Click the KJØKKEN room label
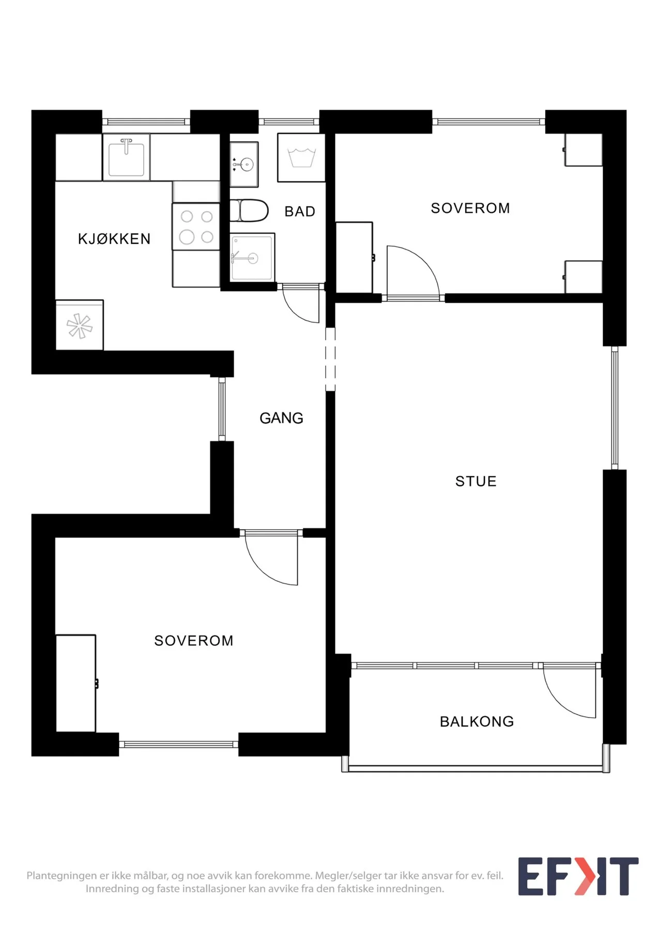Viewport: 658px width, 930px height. tap(114, 239)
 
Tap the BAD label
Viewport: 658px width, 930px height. tap(300, 211)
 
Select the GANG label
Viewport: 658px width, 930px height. tap(281, 418)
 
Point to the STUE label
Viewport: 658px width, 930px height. tap(476, 482)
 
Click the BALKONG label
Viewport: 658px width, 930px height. tap(477, 722)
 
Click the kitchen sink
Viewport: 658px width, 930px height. tap(126, 157)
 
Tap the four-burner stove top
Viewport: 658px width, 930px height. tap(196, 226)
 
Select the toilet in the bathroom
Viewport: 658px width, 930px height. tap(249, 210)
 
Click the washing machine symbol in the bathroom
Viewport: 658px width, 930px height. tap(301, 158)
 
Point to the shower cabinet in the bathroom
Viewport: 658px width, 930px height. tap(252, 258)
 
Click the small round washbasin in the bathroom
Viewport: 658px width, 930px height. tap(244, 164)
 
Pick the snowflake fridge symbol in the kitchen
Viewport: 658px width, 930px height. tap(80, 326)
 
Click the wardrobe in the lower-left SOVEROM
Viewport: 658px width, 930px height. tap(76, 683)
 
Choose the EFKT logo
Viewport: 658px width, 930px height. tap(578, 876)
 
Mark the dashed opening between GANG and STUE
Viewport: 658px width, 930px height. tap(330, 359)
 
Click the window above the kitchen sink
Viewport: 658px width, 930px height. tap(146, 122)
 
